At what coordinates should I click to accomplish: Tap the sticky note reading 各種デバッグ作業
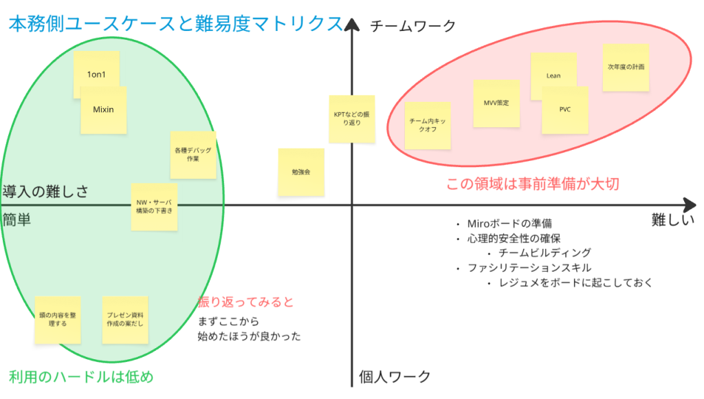(x=193, y=154)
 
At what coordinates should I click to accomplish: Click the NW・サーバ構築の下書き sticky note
(x=154, y=206)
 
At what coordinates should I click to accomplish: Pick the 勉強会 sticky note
(x=301, y=172)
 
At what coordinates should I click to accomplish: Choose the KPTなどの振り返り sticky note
(x=351, y=118)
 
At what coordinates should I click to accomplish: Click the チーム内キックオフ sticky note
(x=428, y=125)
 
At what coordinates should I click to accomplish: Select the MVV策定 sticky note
(x=496, y=103)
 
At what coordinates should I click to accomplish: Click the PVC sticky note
(x=565, y=110)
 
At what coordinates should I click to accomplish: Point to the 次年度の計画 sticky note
(x=626, y=67)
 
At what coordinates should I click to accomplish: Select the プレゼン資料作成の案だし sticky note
(x=124, y=320)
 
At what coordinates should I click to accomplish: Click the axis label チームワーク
(x=412, y=26)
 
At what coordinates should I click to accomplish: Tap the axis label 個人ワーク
(x=395, y=377)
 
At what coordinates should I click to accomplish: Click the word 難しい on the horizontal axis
(x=673, y=220)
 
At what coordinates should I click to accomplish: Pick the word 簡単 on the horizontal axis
(x=16, y=219)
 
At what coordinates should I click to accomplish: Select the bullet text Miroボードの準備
(x=509, y=224)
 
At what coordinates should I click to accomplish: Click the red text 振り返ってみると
(x=245, y=302)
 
